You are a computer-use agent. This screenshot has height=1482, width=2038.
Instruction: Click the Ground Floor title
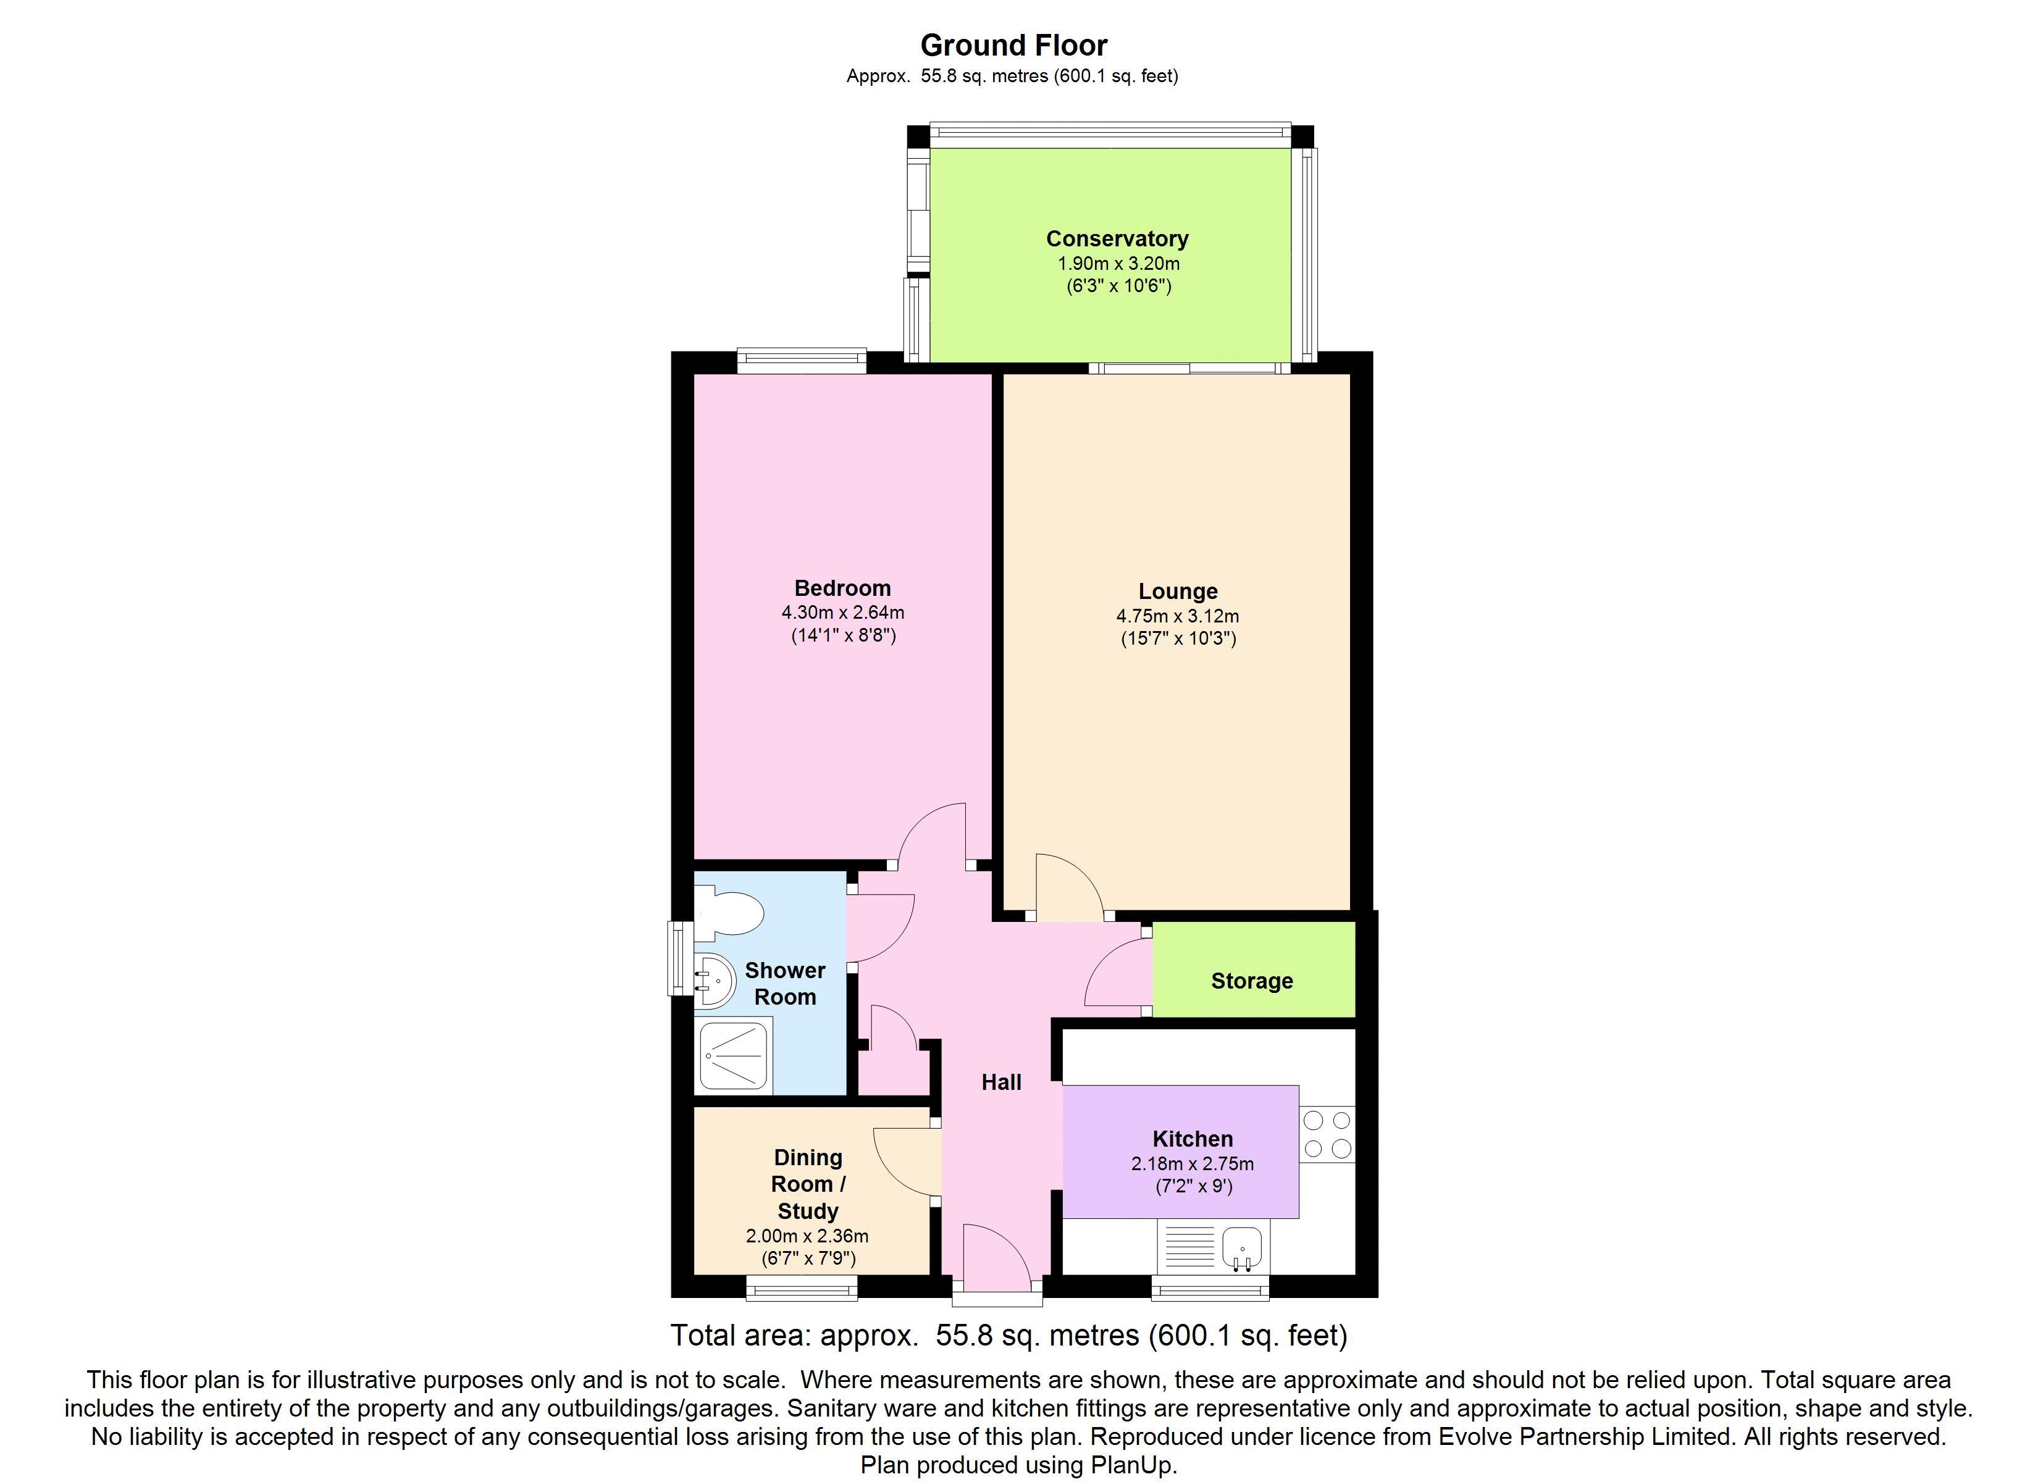pos(1013,45)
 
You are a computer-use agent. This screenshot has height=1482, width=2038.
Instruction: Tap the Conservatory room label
pos(1117,239)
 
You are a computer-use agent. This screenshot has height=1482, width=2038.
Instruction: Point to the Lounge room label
pos(1178,592)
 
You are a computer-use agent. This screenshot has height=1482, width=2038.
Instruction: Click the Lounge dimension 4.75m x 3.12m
pos(1178,616)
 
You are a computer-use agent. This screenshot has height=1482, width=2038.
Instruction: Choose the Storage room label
pos(1252,981)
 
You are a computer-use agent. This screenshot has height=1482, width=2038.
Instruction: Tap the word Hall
pos(1001,1082)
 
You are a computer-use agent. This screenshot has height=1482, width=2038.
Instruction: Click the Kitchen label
pos(1193,1139)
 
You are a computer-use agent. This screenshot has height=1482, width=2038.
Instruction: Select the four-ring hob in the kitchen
pos(1327,1134)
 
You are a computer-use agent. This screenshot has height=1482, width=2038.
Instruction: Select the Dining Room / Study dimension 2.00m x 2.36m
pos(807,1236)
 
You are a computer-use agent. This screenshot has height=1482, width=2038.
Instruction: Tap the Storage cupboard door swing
pos(1118,973)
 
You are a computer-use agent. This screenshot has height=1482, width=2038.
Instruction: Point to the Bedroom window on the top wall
pos(802,361)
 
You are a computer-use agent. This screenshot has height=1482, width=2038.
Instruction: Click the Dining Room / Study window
pos(802,1289)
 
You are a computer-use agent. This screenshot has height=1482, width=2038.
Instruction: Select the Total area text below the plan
pos(1009,1336)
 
